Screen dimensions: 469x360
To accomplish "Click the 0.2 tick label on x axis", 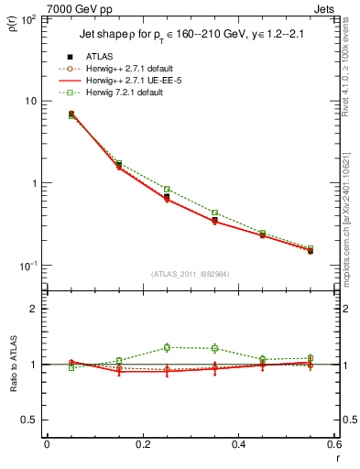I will (x=142, y=445).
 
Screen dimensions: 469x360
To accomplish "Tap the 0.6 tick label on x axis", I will (x=333, y=445).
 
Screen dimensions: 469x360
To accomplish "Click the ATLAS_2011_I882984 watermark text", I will (x=190, y=273).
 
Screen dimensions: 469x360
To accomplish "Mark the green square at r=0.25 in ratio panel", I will (x=167, y=347).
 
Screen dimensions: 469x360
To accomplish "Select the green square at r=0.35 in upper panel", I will (x=214, y=213).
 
